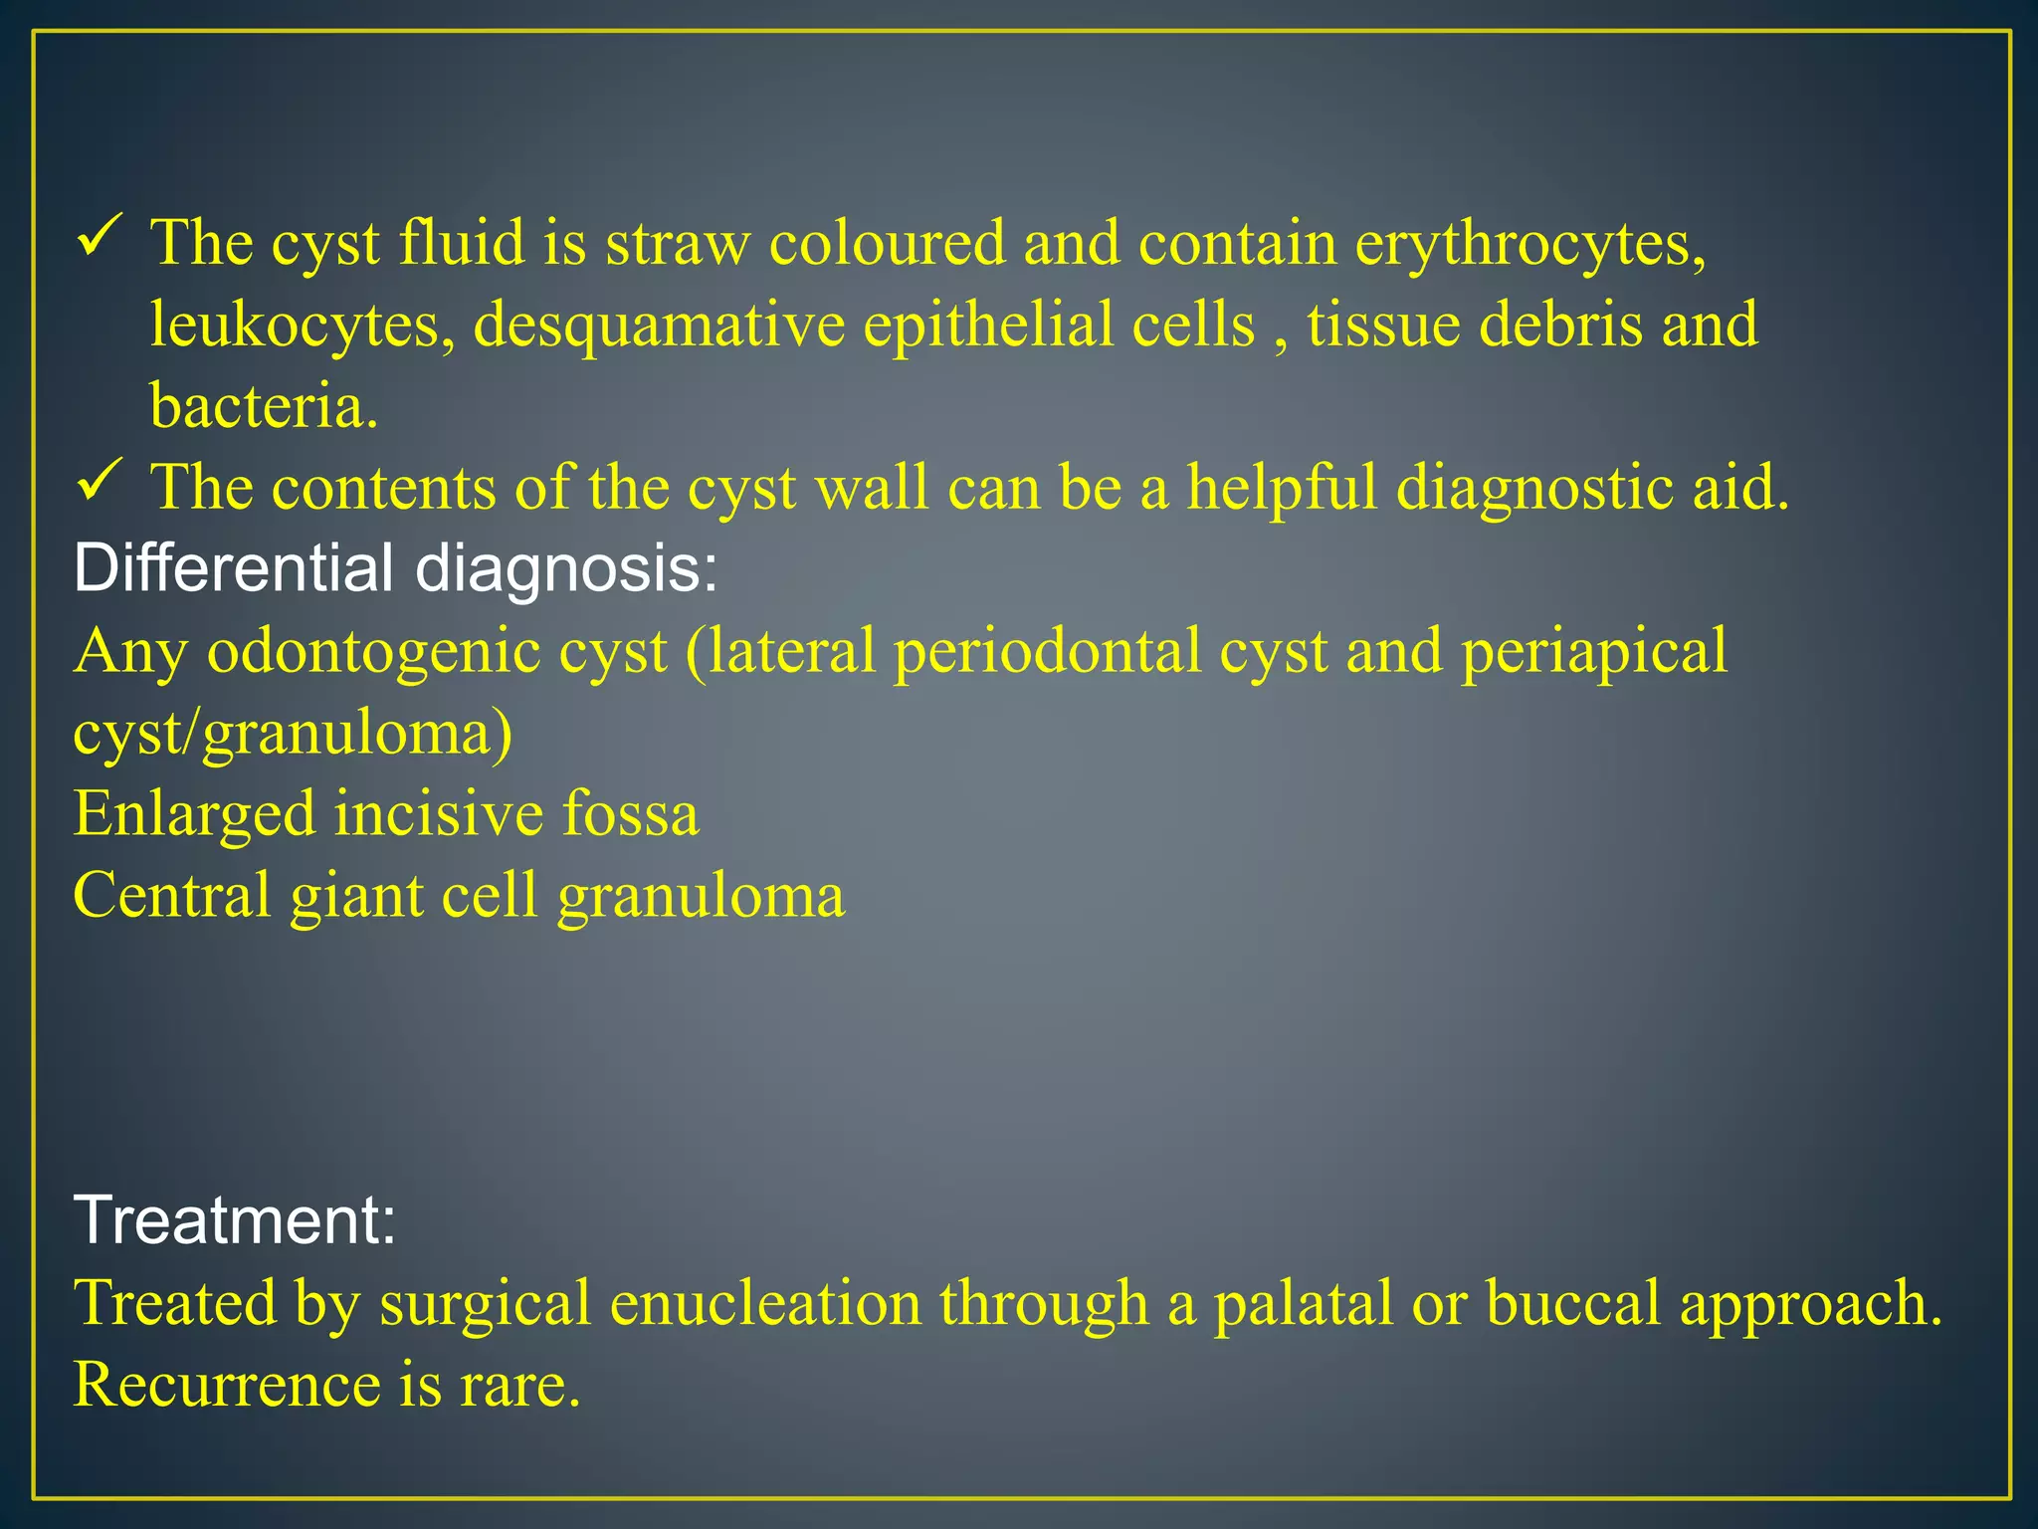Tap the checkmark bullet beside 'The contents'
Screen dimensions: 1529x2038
[100, 485]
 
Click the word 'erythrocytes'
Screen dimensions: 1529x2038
[1530, 243]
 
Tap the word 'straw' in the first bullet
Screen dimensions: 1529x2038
[678, 243]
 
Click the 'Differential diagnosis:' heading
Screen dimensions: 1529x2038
[395, 568]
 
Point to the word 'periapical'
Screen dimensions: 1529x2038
[1594, 652]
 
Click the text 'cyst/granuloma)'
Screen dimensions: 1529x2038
[293, 734]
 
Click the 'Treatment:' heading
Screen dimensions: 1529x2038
[235, 1219]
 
